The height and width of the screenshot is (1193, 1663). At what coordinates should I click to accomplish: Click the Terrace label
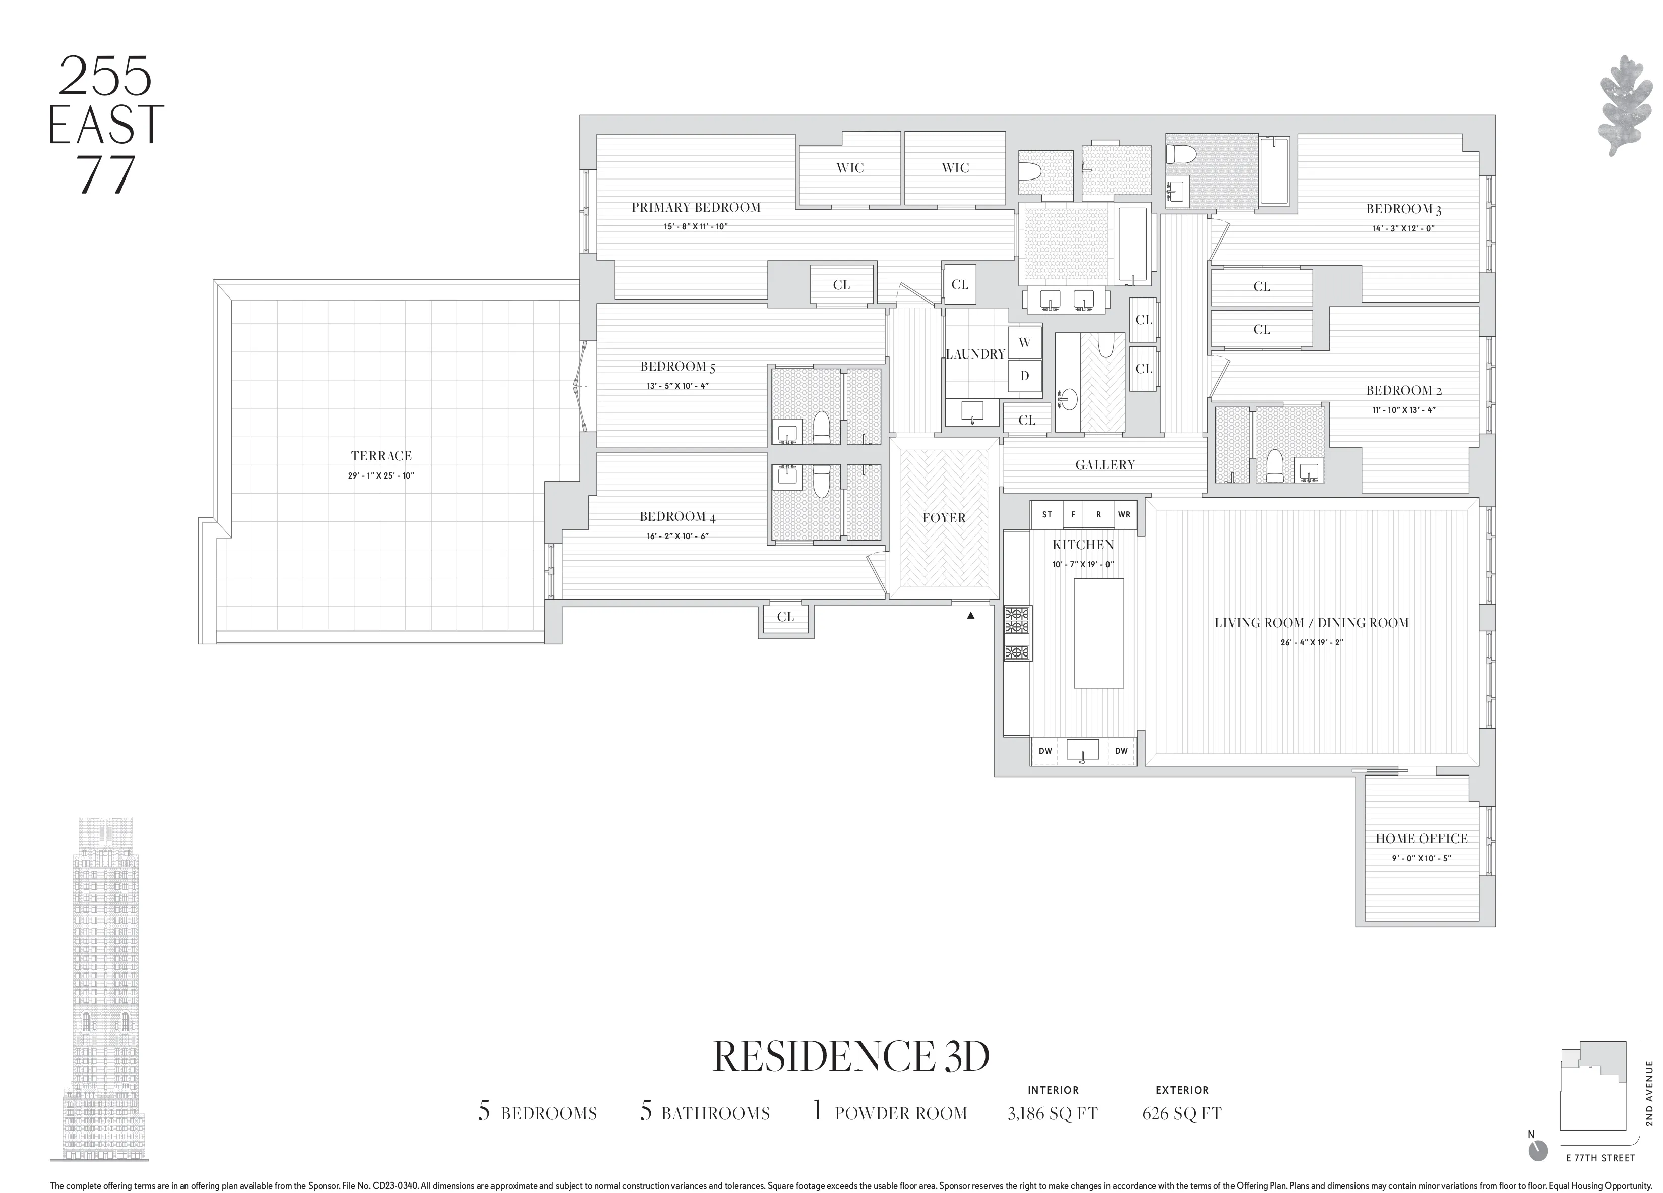381,456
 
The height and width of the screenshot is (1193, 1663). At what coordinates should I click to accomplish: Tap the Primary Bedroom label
696,208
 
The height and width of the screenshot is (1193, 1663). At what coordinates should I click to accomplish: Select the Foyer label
944,518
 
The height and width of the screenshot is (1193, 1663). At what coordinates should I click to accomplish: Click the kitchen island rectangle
1098,633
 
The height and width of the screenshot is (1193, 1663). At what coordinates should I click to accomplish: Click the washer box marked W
1024,342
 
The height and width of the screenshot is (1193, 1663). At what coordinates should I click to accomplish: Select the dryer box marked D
1024,376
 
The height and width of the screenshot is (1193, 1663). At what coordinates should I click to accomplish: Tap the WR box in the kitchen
1124,515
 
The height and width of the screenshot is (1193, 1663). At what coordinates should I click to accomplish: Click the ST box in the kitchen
1047,515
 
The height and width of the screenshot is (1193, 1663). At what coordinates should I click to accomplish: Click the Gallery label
1104,465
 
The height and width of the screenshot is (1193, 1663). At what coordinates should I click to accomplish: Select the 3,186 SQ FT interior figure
1052,1114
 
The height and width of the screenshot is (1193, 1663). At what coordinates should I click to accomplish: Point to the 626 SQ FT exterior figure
1181,1114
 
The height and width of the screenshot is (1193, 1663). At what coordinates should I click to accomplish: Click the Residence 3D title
851,1057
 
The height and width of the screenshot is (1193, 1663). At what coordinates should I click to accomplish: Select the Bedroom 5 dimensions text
677,386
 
